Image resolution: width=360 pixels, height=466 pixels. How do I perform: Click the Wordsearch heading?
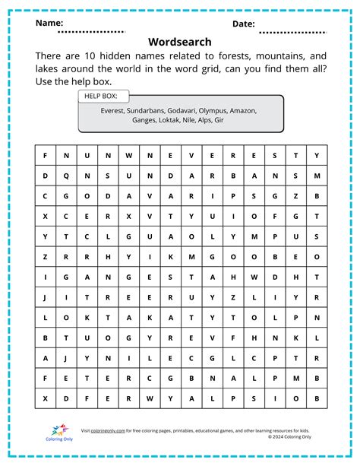[x=180, y=42]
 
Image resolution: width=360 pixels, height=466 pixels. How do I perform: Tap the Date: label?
[x=243, y=24]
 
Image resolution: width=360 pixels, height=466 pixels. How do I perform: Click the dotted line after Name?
[x=91, y=32]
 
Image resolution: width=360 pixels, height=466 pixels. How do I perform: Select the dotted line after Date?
[x=292, y=33]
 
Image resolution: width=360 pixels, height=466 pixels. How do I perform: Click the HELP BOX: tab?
[x=103, y=97]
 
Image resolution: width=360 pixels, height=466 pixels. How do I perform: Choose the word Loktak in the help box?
[x=170, y=120]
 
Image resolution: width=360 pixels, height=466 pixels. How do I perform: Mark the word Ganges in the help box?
[x=143, y=120]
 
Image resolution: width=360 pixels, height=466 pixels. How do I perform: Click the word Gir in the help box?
[x=219, y=120]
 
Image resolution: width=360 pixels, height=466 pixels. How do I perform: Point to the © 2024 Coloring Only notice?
[x=289, y=437]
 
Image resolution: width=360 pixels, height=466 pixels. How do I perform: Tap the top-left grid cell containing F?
[x=46, y=155]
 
